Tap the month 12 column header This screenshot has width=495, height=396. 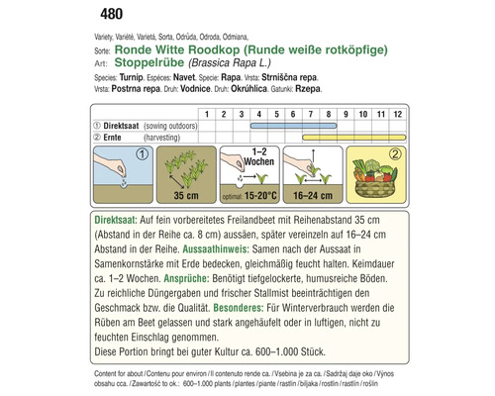coord(397,114)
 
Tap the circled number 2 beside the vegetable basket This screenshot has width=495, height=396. coord(393,154)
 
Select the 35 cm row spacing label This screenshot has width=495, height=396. coord(177,197)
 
